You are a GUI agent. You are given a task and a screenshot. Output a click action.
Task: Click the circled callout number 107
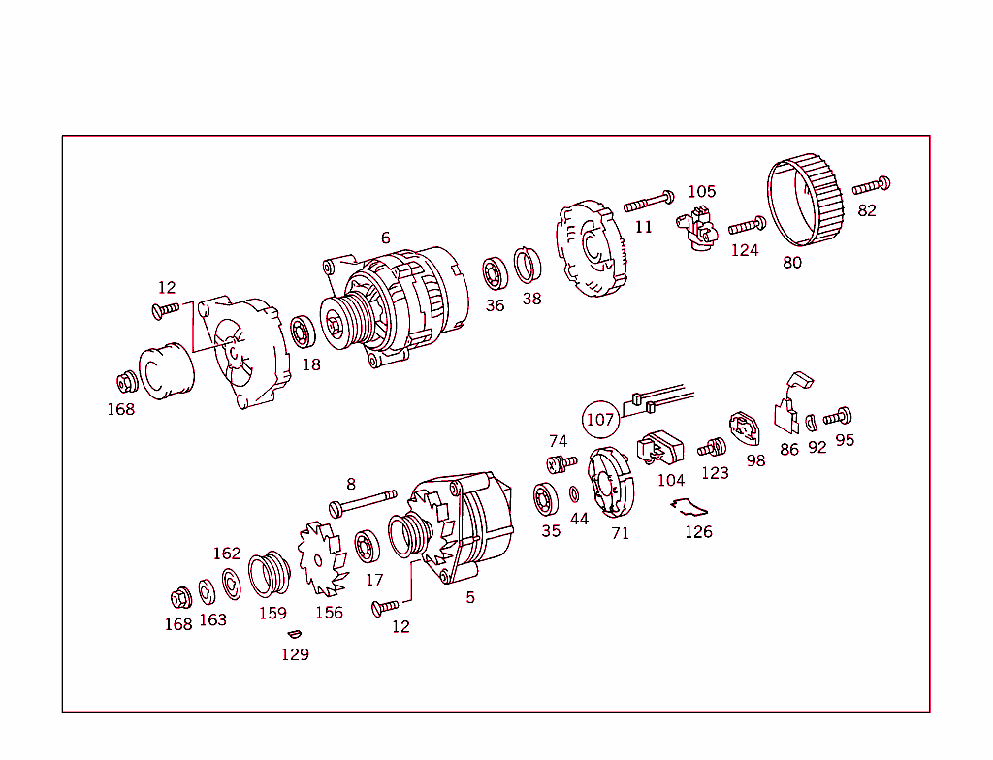pos(600,420)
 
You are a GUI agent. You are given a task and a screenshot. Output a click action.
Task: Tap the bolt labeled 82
pos(871,185)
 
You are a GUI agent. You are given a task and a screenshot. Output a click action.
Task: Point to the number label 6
pos(385,237)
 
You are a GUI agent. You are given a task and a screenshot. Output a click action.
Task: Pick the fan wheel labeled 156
pos(321,560)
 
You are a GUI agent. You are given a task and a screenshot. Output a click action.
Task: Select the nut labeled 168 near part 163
pos(179,597)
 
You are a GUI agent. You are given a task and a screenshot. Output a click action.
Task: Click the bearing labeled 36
pos(495,274)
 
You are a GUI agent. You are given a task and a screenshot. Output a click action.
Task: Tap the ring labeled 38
pos(528,267)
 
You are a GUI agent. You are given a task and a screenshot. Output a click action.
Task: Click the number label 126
pos(698,532)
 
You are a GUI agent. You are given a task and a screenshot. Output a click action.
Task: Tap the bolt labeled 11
pos(648,202)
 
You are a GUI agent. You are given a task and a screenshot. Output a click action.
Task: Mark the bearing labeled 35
pos(548,499)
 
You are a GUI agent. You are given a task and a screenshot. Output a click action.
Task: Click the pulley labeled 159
pos(271,575)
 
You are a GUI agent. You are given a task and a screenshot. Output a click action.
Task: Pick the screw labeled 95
pos(838,418)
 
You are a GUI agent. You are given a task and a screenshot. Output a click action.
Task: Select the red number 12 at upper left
pos(167,288)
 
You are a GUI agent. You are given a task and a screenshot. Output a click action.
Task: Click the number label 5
pos(470,598)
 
